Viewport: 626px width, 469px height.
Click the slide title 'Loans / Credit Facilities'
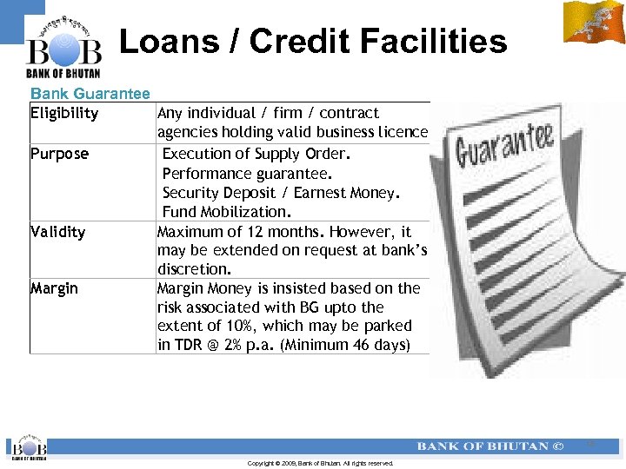pyautogui.click(x=312, y=41)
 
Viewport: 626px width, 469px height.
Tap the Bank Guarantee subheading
pyautogui.click(x=90, y=93)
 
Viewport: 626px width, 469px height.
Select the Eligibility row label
pyautogui.click(x=64, y=113)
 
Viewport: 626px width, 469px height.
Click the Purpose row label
pyautogui.click(x=59, y=154)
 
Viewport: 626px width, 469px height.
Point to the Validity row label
pyautogui.click(x=57, y=232)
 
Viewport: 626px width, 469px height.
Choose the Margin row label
pyautogui.click(x=54, y=288)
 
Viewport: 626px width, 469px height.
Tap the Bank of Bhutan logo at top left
pyautogui.click(x=63, y=48)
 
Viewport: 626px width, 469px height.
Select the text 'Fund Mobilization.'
pyautogui.click(x=227, y=212)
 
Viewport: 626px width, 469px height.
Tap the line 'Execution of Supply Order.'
pyautogui.click(x=256, y=154)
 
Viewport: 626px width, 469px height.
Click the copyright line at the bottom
pyautogui.click(x=320, y=464)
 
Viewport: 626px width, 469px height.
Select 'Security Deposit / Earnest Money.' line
pyautogui.click(x=281, y=193)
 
